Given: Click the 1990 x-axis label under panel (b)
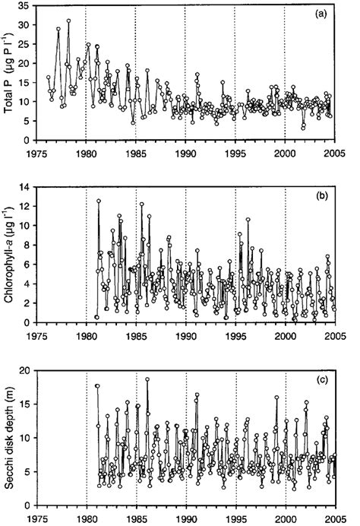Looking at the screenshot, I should tap(186, 334).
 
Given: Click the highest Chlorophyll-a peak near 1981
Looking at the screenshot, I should tap(98, 201).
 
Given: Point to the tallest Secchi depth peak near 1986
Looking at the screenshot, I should tap(147, 379).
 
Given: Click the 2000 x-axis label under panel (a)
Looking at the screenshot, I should tap(286, 152).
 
